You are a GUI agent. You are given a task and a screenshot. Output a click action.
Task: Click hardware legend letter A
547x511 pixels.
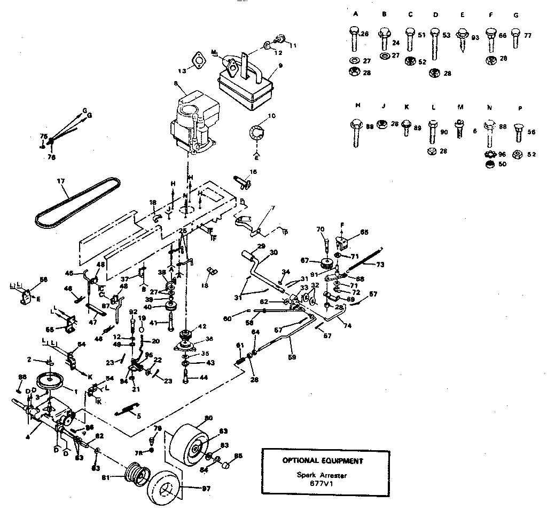[355, 15]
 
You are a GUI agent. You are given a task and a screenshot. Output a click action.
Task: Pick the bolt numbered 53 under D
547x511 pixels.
[435, 43]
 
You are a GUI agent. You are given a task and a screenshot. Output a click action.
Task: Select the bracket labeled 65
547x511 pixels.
[343, 239]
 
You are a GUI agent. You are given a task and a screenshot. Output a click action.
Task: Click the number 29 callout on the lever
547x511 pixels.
[261, 246]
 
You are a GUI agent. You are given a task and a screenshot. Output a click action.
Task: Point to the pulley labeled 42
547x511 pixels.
[187, 337]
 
